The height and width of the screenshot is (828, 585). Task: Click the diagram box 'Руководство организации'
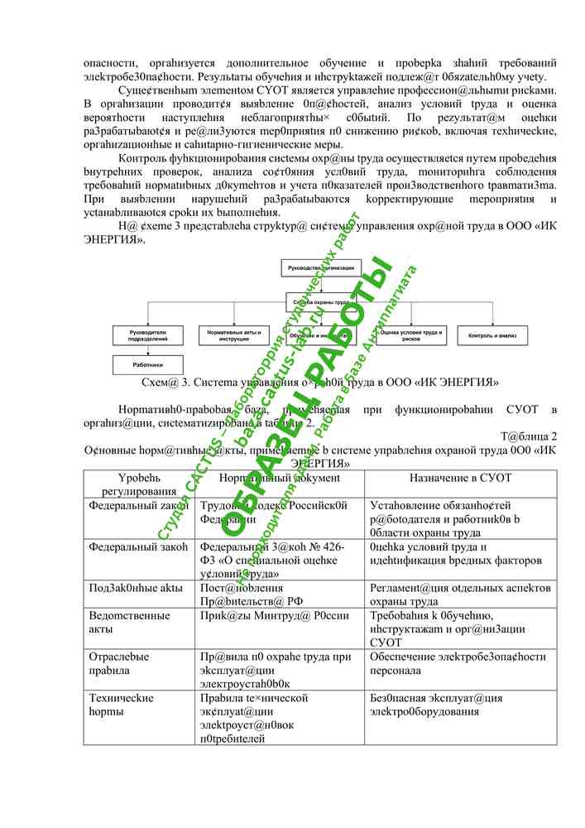[320, 268]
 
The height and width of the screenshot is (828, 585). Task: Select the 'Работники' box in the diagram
[147, 364]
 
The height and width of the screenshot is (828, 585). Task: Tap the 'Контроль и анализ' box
[491, 335]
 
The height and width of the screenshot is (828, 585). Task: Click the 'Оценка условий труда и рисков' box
[405, 335]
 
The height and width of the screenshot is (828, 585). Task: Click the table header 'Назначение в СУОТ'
[460, 479]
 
